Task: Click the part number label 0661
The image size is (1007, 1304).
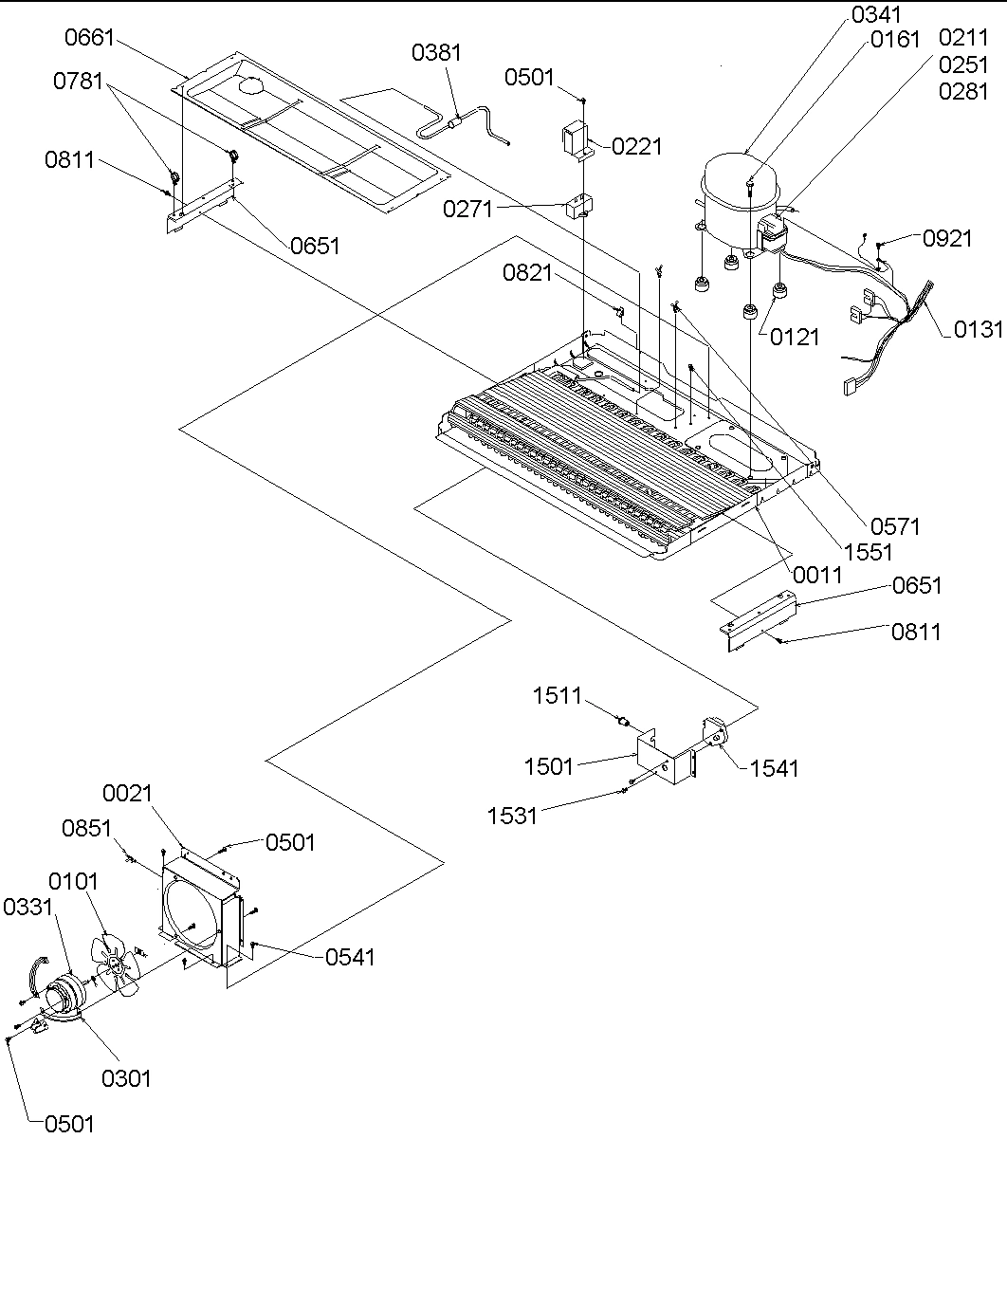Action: [89, 38]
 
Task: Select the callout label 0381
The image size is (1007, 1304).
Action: [436, 52]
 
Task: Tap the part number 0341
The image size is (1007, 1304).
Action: [877, 14]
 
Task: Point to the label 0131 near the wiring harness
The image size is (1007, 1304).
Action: [978, 329]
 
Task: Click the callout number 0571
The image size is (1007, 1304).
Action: [894, 525]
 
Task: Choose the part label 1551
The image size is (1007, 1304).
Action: [868, 551]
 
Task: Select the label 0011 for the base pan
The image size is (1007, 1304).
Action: [816, 575]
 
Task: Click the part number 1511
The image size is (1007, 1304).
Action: [558, 696]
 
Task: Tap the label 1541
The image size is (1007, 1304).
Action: [774, 768]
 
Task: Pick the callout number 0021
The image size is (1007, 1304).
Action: [128, 793]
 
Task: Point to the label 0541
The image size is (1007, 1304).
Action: [350, 957]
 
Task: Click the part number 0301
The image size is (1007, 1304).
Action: [126, 1078]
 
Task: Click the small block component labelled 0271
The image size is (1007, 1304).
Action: [577, 206]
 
